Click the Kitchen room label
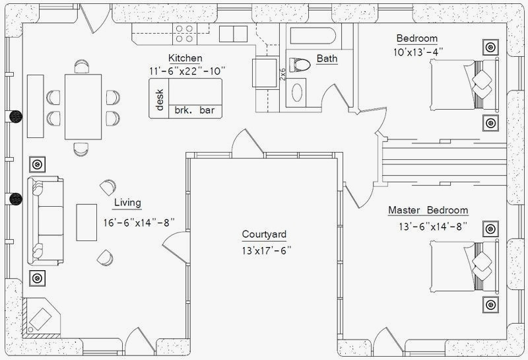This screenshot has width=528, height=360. tap(185, 58)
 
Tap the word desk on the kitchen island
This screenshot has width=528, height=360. tap(159, 99)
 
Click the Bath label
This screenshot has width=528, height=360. tap(327, 59)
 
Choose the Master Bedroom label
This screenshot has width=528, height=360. tap(428, 210)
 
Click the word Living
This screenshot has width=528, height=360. tap(127, 203)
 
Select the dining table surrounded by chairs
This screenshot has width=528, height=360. tap(83, 106)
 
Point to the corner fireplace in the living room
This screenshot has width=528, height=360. tap(41, 316)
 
